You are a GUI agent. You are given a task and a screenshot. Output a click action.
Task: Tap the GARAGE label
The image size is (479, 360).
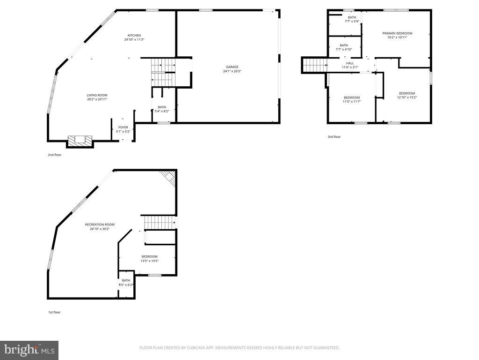232,67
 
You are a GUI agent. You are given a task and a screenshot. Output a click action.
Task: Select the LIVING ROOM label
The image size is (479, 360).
97,95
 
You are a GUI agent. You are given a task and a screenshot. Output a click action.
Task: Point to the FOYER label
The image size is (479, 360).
123,127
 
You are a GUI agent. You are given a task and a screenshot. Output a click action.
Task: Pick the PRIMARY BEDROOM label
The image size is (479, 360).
397,33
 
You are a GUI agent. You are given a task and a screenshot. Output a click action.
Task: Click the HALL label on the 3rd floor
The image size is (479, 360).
350,63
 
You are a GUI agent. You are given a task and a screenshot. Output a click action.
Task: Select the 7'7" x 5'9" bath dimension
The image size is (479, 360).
352,21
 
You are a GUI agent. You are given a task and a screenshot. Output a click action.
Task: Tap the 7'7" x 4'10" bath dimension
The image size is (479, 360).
344,49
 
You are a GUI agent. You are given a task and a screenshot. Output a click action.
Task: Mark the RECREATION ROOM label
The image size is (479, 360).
100,225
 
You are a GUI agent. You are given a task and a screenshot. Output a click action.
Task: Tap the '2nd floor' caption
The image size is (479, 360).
54,154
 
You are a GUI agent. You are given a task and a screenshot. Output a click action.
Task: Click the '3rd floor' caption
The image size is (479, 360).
334,137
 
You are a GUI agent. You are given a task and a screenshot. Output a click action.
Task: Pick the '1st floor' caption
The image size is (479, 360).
54,312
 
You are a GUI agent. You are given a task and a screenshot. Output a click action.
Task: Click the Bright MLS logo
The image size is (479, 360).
29,350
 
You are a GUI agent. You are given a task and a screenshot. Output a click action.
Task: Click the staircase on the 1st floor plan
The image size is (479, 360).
159,222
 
